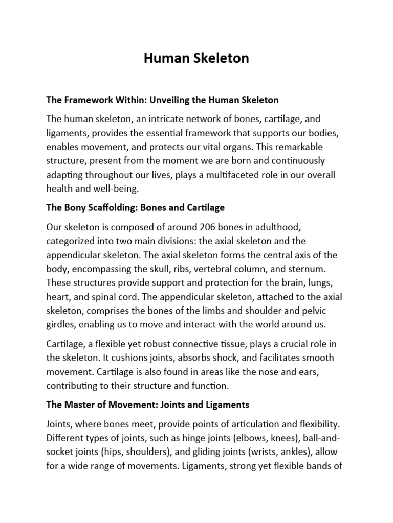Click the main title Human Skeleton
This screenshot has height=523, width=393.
tap(196, 58)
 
